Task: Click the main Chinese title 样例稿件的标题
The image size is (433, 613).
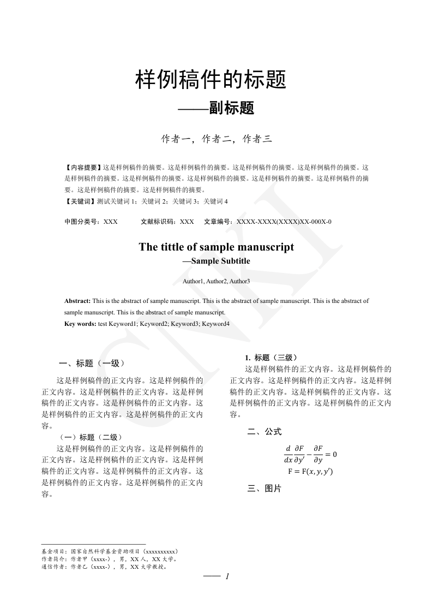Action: tap(211, 81)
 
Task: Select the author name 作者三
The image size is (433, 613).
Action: tap(257, 139)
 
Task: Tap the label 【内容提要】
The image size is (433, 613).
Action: tap(83, 168)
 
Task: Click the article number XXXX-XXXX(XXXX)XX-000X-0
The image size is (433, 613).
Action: tap(283, 222)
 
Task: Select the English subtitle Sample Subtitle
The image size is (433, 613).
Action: tap(220, 261)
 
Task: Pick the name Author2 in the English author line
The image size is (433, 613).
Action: tap(216, 281)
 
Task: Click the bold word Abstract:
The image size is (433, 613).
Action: tap(77, 301)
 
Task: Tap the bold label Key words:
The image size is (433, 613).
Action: tap(80, 324)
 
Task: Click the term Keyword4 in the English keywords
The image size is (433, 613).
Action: tap(215, 324)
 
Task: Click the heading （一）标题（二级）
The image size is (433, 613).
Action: tap(91, 437)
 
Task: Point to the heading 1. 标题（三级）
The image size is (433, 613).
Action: tap(270, 358)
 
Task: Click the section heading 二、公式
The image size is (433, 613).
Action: tap(264, 432)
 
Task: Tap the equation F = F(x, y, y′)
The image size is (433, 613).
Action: tap(310, 471)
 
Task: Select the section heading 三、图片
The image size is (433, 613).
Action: tap(264, 489)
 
